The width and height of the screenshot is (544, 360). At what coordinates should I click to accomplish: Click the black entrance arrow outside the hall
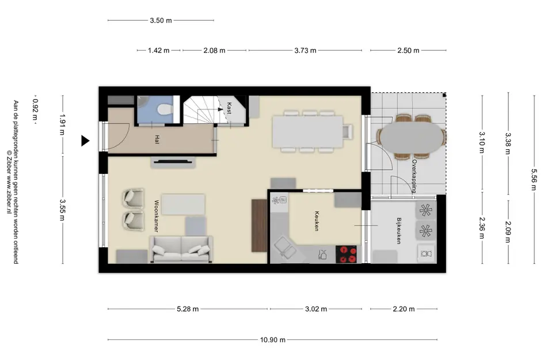click(x=85, y=141)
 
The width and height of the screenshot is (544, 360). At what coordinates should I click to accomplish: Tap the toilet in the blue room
click(x=165, y=109)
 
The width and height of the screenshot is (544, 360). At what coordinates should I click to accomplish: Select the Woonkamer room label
click(x=157, y=216)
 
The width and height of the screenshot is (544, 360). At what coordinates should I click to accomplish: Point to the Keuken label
click(x=317, y=221)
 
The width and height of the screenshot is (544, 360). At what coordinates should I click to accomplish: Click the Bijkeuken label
click(x=399, y=231)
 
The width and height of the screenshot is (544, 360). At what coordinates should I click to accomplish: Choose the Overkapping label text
click(x=414, y=176)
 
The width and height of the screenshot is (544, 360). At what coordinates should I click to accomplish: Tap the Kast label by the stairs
click(x=229, y=108)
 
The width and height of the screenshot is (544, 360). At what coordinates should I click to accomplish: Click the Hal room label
click(x=157, y=139)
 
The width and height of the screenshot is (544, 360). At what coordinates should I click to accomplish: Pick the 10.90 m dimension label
click(x=273, y=339)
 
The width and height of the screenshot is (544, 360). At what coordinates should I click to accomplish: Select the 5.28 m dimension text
click(x=188, y=309)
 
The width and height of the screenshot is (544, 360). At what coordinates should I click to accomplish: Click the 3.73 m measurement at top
click(x=305, y=50)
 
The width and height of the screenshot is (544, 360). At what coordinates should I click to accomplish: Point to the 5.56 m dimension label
click(x=534, y=180)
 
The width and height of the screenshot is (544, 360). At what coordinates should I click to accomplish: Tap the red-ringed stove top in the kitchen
click(x=346, y=254)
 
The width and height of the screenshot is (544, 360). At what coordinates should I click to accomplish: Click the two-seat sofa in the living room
click(x=181, y=249)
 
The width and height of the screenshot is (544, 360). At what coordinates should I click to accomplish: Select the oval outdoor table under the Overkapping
click(x=412, y=137)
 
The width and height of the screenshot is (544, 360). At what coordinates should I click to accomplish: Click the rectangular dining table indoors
click(x=308, y=131)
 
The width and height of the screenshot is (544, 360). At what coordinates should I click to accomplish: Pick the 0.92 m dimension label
click(x=35, y=109)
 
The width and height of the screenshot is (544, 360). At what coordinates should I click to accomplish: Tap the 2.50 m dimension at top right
click(x=408, y=50)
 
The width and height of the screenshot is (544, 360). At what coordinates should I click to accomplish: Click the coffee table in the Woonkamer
click(x=183, y=204)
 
